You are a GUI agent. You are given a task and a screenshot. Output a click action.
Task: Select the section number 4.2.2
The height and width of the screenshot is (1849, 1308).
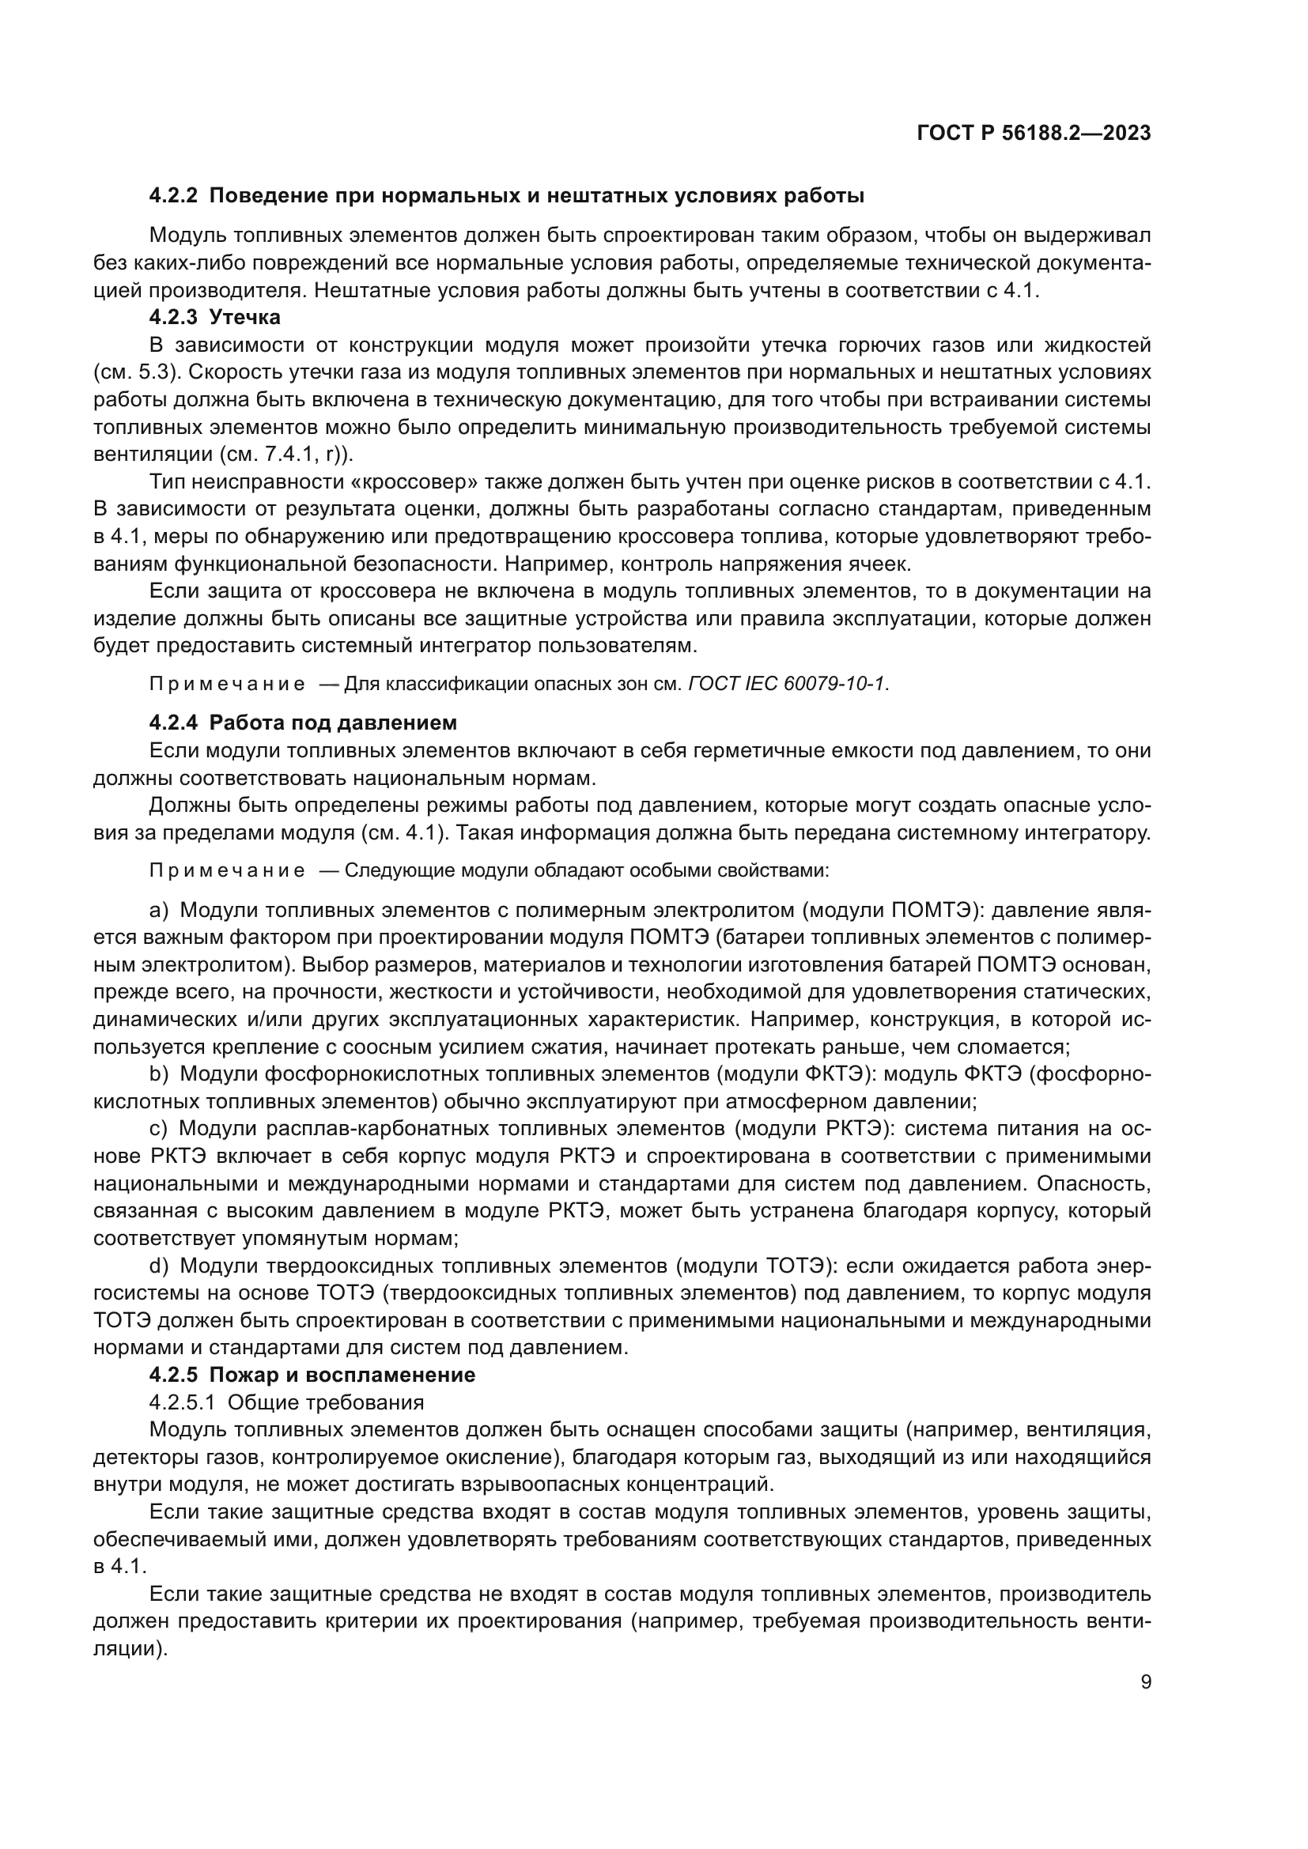tap(173, 196)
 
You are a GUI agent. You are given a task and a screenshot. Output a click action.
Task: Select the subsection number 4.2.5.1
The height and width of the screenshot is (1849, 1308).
tap(182, 1402)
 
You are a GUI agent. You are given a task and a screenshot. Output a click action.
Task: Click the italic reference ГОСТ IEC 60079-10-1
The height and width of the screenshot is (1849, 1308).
tap(788, 684)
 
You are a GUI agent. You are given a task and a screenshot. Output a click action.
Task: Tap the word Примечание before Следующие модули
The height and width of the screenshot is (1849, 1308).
tap(227, 870)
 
